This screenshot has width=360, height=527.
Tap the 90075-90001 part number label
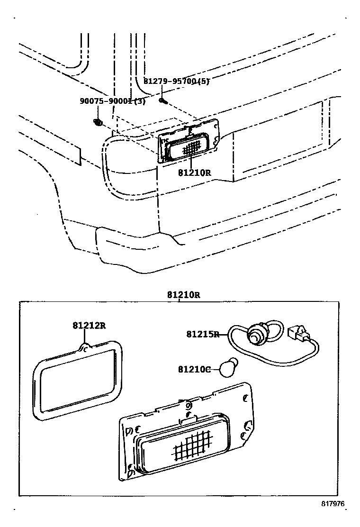(107, 101)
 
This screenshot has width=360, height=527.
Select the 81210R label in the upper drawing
(194, 173)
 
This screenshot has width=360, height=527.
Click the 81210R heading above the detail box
(183, 295)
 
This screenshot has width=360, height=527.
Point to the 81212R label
(89, 326)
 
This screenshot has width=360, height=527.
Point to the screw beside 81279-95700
(163, 100)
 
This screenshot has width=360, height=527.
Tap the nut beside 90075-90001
(98, 123)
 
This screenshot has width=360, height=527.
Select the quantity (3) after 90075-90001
(140, 101)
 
